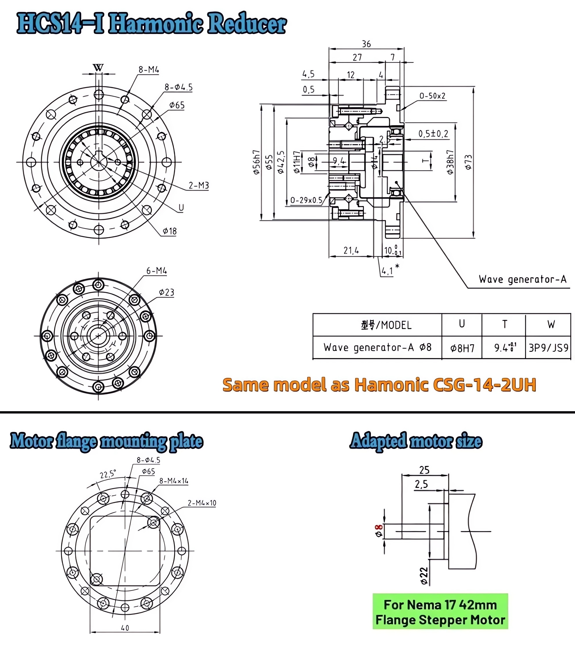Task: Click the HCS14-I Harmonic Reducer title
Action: point(151,23)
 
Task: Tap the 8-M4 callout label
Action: point(148,70)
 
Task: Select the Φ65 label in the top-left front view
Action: point(177,105)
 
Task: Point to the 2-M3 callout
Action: point(198,185)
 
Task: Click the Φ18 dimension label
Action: point(170,231)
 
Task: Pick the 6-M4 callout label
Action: point(157,271)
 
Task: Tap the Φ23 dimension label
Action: point(167,292)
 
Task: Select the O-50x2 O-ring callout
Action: point(432,96)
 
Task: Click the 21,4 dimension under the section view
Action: point(351,251)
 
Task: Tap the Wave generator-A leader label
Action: point(522,280)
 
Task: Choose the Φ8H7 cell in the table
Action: point(462,348)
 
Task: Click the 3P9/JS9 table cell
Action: point(548,348)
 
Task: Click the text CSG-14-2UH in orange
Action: point(484,385)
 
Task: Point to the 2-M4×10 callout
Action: point(202,503)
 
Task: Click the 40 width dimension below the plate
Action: point(125,628)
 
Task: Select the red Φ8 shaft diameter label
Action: point(379,531)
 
